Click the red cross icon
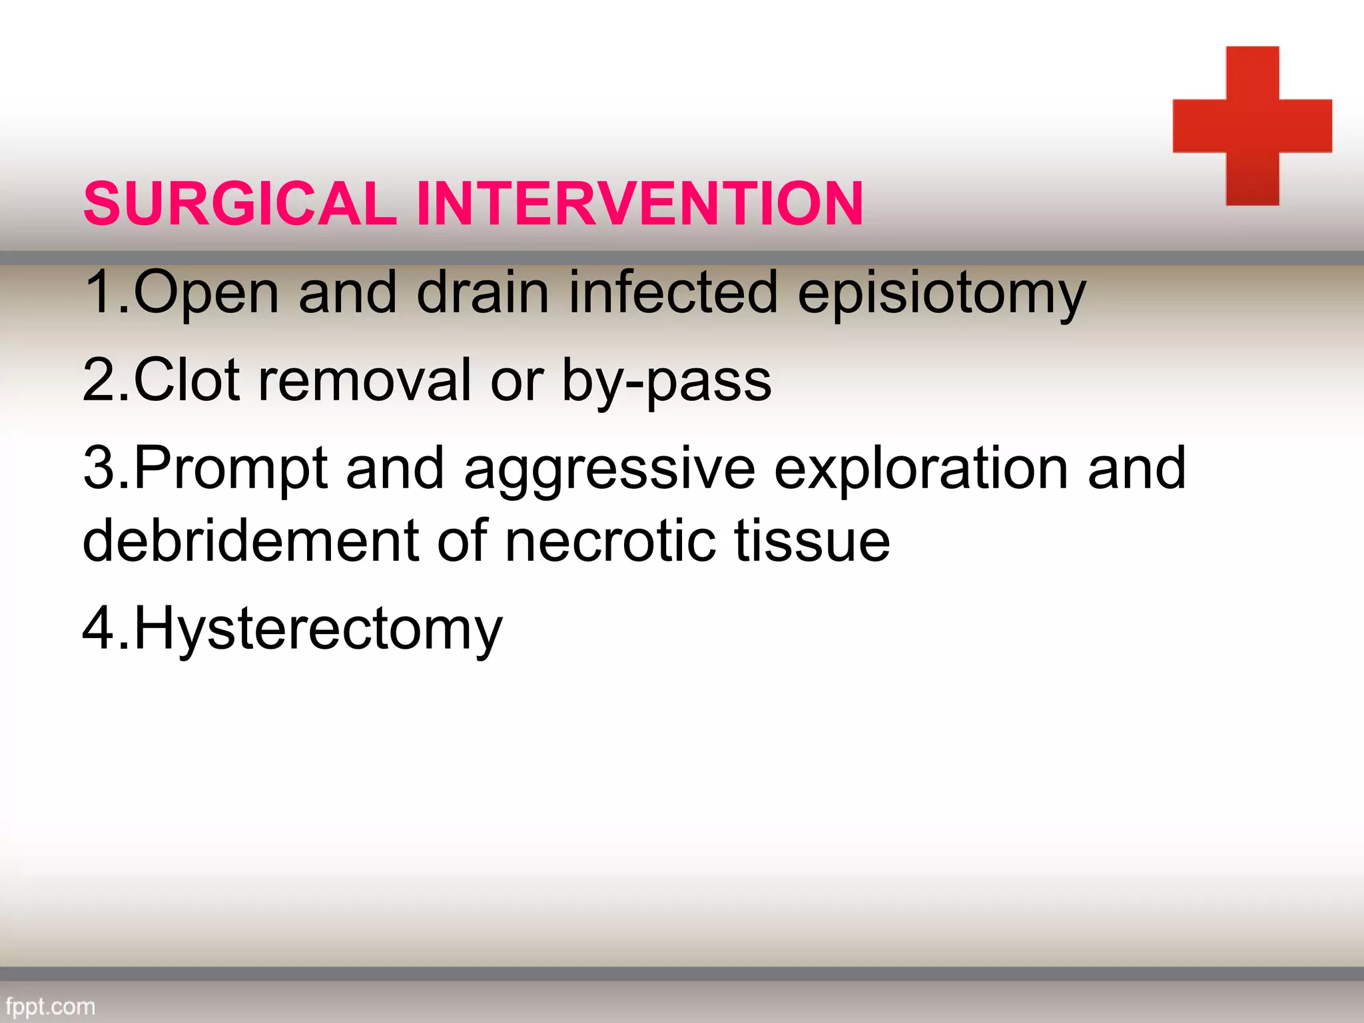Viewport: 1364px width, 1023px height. [1252, 126]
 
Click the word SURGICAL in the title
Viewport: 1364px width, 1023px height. [240, 204]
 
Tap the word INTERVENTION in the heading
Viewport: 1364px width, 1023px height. [639, 204]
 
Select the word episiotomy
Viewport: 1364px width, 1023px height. [942, 293]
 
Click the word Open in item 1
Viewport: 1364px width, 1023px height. [206, 293]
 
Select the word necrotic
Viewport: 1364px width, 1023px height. [610, 541]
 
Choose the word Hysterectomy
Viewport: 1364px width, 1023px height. [318, 630]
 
